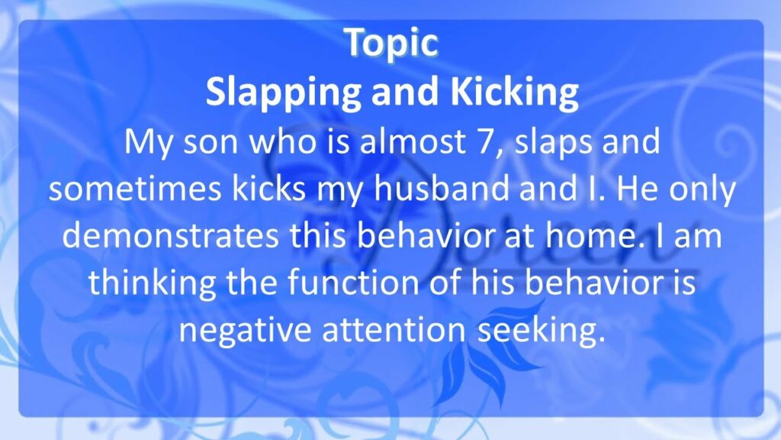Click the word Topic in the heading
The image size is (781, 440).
pos(391,44)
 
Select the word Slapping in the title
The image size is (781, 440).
pos(283,92)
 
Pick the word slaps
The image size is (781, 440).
pos(554,143)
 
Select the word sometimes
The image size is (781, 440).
pos(134,189)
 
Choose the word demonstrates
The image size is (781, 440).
pos(170,236)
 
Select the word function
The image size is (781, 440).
pos(353,283)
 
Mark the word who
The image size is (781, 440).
pos(283,141)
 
